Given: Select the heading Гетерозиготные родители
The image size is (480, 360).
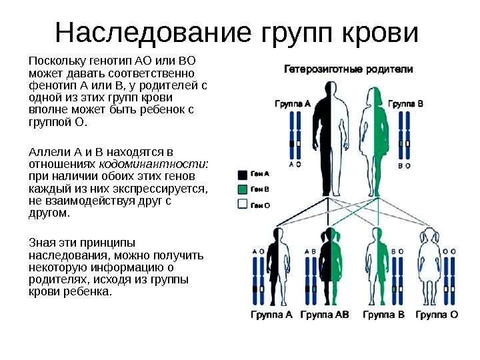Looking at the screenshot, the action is click(x=349, y=69).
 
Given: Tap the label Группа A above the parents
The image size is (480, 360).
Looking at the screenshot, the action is click(x=293, y=104).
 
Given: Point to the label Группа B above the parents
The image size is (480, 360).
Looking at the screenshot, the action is click(x=405, y=104).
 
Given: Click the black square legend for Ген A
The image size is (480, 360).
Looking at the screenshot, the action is click(x=243, y=175).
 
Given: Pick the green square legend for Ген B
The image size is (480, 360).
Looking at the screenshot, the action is click(x=243, y=189).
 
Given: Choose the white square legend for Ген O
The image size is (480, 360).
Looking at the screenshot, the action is click(x=243, y=205).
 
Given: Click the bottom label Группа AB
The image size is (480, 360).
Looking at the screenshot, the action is click(x=325, y=314).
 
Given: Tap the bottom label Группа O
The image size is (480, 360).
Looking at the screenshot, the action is click(x=436, y=314).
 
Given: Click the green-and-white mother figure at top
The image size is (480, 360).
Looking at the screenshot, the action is click(x=375, y=127).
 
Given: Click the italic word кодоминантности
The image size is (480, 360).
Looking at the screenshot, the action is click(x=153, y=164).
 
